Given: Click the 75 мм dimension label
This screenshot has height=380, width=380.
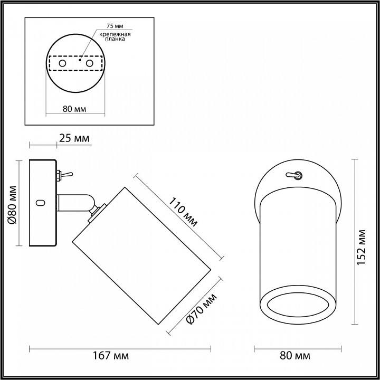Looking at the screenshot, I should click(x=114, y=26).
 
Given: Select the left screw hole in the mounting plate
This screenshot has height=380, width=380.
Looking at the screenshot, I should click(x=62, y=63).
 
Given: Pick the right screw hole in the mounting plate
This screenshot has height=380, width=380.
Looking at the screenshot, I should click(x=89, y=63).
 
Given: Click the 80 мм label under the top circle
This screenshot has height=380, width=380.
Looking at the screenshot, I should click(x=74, y=109).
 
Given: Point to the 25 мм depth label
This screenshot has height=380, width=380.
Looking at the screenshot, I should click(x=74, y=139).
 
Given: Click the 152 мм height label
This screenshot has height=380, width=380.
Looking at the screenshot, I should click(x=363, y=248).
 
